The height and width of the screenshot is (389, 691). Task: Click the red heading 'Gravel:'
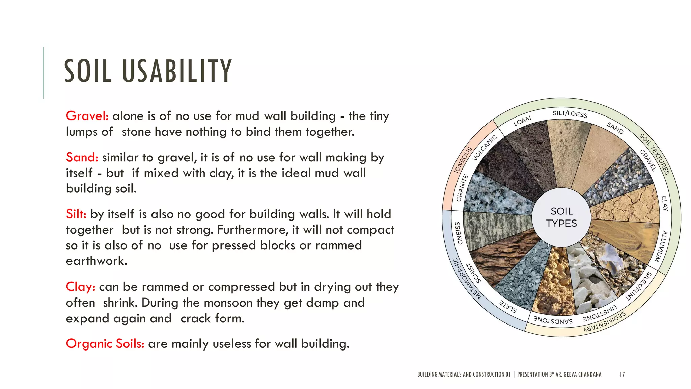click(87, 116)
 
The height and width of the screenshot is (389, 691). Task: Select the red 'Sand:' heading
click(82, 157)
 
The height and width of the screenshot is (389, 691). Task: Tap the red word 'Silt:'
click(76, 214)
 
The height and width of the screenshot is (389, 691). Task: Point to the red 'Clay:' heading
click(81, 287)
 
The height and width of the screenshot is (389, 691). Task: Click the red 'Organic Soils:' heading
click(105, 344)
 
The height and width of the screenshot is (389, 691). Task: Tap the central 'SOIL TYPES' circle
click(561, 217)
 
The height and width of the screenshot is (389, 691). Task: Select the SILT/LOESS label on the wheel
click(570, 114)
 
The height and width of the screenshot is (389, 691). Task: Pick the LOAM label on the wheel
click(522, 121)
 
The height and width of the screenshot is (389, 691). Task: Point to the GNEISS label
click(458, 233)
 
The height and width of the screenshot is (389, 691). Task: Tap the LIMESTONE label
click(600, 314)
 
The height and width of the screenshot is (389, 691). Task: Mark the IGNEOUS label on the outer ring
click(463, 160)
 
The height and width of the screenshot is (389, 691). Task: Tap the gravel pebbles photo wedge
click(617, 177)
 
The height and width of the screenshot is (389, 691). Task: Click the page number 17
click(622, 374)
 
